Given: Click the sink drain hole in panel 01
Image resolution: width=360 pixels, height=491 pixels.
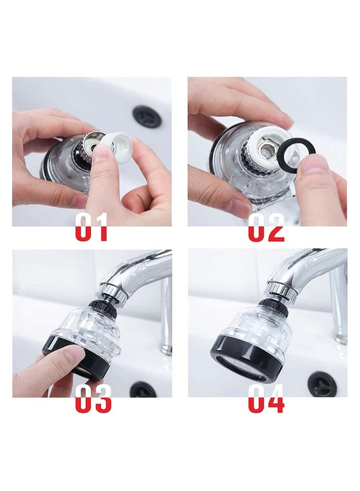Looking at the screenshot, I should point(147,116).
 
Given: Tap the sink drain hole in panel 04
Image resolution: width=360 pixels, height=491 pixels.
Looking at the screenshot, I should point(322,383).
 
